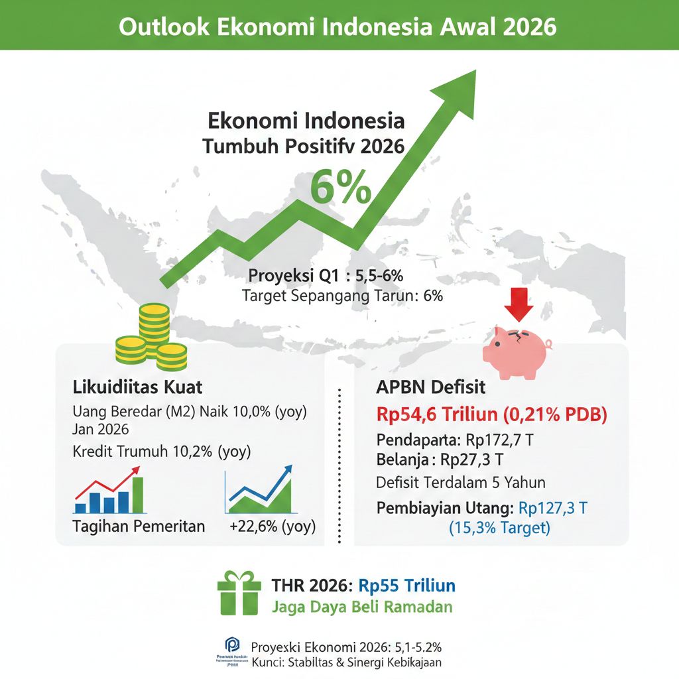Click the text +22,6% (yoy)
(x=273, y=527)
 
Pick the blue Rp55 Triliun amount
(x=407, y=586)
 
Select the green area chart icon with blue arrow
(x=259, y=491)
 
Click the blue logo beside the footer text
(x=232, y=646)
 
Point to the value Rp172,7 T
(x=483, y=440)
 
